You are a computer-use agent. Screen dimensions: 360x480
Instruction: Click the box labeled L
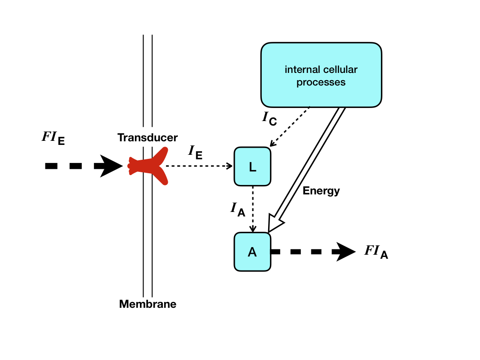tap(252, 166)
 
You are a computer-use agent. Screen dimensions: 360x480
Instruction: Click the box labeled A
tap(252, 252)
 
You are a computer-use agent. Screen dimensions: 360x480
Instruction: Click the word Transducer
tap(148, 138)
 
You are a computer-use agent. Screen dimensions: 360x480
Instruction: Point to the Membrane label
tap(148, 304)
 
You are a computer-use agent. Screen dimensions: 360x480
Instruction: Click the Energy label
tap(321, 191)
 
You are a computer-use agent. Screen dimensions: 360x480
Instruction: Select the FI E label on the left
tap(53, 138)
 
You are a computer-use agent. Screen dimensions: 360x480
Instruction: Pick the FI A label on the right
tap(376, 252)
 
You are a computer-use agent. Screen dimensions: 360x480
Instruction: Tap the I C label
tap(269, 118)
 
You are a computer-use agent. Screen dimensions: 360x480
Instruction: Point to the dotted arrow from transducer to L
tap(198, 166)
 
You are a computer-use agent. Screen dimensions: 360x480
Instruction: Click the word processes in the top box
tap(321, 83)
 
